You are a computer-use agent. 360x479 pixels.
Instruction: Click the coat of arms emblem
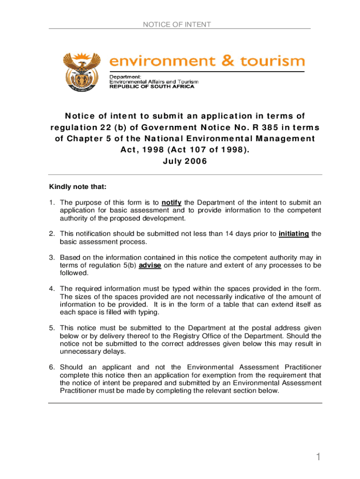coord(83,71)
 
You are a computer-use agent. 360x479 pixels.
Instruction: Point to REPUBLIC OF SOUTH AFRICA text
coord(152,87)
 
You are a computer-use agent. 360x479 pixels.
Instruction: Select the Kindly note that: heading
coord(78,187)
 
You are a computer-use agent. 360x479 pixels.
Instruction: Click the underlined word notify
coord(172,203)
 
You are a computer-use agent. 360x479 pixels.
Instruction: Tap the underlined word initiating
coord(294,234)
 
